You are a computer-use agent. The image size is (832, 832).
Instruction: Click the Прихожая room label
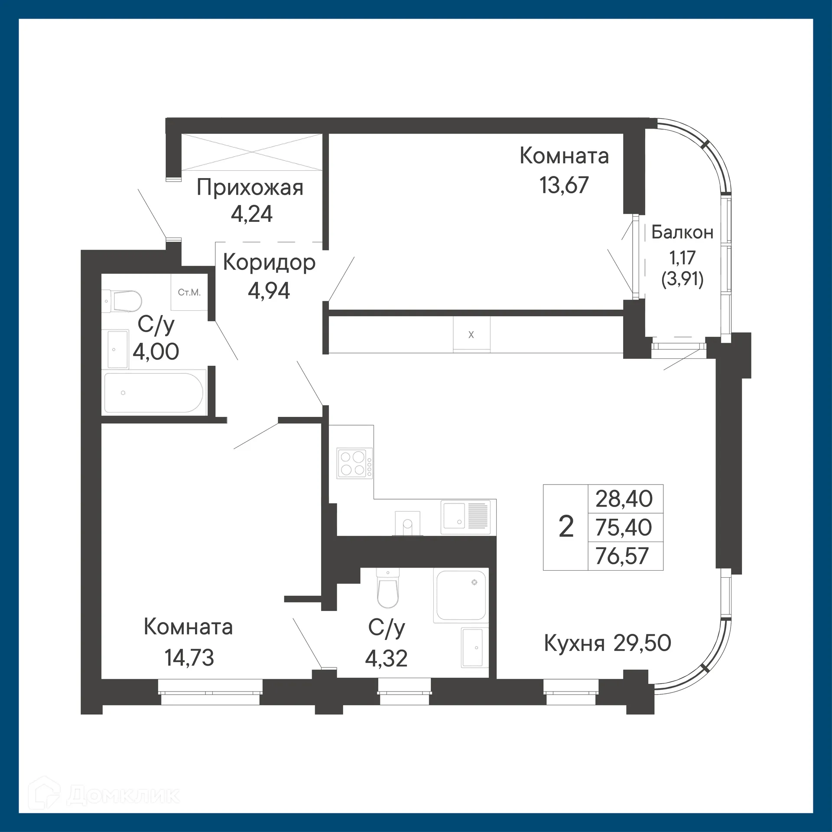point(250,188)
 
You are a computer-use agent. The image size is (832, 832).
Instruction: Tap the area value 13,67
point(564,185)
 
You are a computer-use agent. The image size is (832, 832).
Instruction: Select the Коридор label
point(269,263)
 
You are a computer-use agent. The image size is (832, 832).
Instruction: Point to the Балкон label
point(682,233)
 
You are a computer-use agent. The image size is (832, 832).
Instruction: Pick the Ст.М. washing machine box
point(189,292)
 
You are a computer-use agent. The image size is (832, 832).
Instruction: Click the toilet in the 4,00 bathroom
point(123,301)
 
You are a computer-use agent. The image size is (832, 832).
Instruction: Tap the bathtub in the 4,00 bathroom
point(153,393)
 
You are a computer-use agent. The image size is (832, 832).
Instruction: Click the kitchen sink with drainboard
point(466,517)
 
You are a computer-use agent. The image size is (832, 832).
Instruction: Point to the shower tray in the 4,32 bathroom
point(461,595)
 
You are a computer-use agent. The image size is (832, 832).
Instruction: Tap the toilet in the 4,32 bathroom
point(387,589)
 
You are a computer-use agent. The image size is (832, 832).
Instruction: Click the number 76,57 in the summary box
point(622,556)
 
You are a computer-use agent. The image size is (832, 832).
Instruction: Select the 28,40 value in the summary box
point(624,499)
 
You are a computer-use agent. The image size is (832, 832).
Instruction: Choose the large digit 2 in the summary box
point(566,527)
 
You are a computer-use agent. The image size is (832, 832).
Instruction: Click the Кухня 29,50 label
point(608,643)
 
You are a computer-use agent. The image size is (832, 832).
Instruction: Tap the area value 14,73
point(189,657)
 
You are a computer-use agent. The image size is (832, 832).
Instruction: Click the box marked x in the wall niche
point(471,335)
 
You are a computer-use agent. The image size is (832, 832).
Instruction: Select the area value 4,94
point(269,291)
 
